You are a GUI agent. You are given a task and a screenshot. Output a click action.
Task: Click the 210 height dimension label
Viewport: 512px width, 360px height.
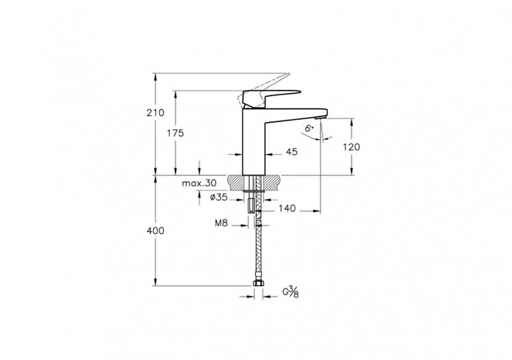click(156, 113)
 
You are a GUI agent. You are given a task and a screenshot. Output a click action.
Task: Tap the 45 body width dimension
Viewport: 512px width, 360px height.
click(292, 152)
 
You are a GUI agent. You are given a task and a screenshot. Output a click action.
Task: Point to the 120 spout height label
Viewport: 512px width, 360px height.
click(351, 147)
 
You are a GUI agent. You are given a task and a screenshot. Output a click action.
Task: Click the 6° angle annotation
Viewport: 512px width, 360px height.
click(309, 129)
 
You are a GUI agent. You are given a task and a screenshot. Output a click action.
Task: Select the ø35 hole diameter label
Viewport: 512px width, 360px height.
click(220, 197)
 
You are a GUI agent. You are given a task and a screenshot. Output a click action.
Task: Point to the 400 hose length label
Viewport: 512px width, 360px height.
click(156, 231)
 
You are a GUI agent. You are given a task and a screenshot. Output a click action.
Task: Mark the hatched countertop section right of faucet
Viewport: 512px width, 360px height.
click(274, 182)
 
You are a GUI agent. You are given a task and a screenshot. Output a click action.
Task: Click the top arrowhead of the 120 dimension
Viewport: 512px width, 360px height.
click(352, 121)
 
